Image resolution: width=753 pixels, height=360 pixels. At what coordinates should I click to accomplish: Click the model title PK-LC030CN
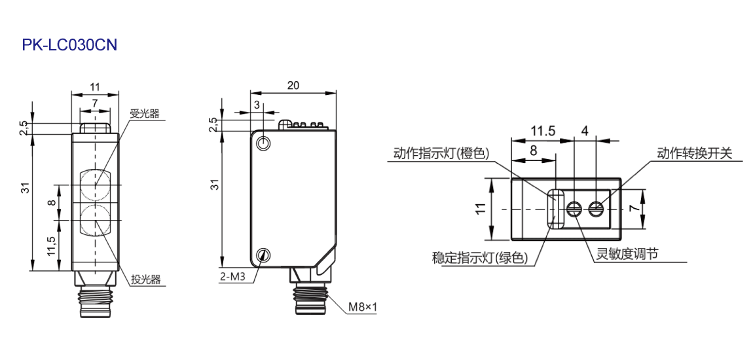[69, 45]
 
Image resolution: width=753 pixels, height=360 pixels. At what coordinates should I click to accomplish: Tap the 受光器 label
[145, 115]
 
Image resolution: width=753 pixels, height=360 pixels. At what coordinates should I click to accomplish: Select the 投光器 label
[145, 280]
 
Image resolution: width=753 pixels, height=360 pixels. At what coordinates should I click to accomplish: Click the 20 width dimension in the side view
[293, 86]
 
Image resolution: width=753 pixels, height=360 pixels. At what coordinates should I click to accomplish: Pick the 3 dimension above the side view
[257, 105]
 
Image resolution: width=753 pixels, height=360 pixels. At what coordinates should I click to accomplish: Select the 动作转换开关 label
[695, 153]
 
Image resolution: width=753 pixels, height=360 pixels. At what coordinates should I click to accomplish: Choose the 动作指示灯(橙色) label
[441, 153]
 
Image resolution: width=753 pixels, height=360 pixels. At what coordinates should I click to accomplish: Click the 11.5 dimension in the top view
[543, 130]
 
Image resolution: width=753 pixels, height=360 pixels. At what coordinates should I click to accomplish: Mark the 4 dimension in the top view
[585, 130]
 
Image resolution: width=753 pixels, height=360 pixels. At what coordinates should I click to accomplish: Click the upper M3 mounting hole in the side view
[263, 143]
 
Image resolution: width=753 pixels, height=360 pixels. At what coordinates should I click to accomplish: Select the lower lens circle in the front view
[95, 220]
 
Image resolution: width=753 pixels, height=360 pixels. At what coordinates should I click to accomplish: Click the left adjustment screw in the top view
[574, 208]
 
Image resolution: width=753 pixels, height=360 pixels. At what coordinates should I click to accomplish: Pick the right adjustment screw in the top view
[596, 208]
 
